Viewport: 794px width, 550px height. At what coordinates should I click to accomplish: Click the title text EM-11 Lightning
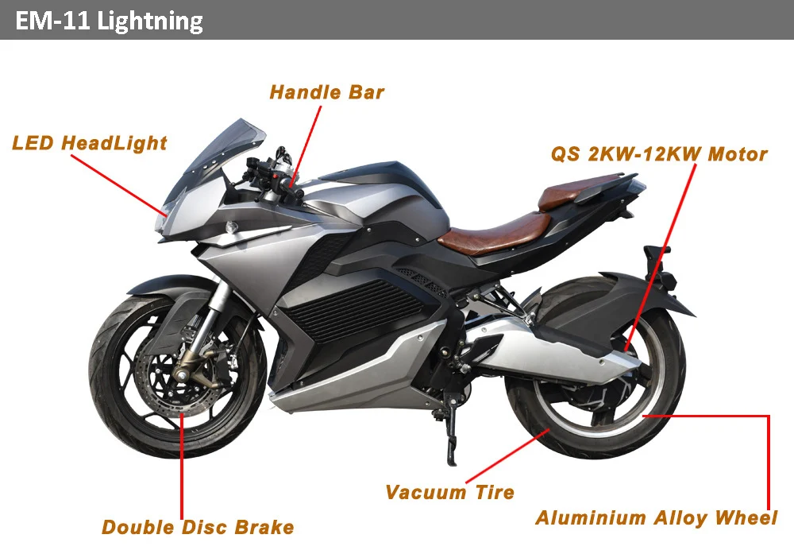[109, 20]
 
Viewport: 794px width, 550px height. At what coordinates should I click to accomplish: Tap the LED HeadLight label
[89, 143]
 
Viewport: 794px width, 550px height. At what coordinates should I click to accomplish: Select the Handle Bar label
[326, 92]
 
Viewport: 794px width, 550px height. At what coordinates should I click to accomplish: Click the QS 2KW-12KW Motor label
[659, 154]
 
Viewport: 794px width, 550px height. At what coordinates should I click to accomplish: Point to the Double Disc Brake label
[198, 526]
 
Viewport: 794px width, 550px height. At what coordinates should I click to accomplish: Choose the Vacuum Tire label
[449, 492]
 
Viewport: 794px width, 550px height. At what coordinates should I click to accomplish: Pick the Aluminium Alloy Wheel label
[656, 518]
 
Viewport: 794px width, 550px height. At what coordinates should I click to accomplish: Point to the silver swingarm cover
[548, 350]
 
